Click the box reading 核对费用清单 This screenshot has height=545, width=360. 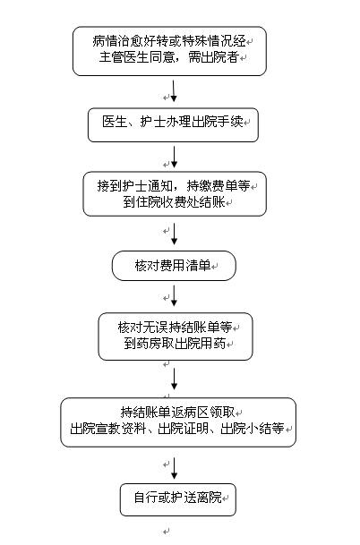174,266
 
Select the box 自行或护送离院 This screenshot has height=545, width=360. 177,499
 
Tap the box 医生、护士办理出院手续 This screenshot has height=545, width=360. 173,124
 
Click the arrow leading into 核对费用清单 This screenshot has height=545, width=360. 175,234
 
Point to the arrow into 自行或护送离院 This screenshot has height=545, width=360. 175,469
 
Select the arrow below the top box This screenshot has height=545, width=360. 174,91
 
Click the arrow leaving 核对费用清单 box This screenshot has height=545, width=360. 175,296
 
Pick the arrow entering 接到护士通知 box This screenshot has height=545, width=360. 175,158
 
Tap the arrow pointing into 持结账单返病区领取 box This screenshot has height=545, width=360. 175,379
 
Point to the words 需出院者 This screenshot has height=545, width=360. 213,57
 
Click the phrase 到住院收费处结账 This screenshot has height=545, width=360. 174,202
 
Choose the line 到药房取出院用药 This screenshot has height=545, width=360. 175,344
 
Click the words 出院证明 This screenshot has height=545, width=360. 183,428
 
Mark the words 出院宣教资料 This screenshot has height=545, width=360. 107,428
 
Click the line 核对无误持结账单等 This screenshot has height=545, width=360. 175,328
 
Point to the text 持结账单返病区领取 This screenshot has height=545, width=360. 177,413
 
